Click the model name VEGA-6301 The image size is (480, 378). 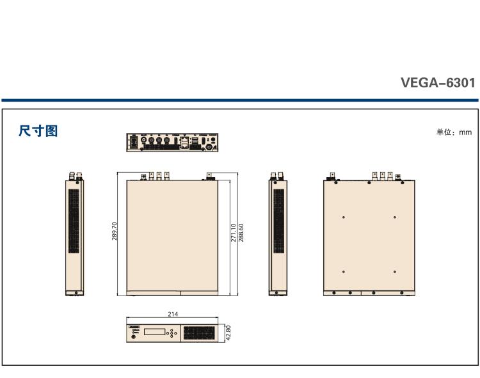438,83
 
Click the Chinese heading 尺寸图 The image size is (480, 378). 38,131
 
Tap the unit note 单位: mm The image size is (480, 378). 454,132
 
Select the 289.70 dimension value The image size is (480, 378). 115,232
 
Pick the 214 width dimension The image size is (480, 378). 172,314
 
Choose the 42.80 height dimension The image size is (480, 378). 228,333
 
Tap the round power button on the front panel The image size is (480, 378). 133,337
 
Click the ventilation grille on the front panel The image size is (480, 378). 199,333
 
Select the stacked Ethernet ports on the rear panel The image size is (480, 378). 185,142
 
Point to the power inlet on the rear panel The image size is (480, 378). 133,141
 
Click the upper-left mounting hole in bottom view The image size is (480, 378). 344,217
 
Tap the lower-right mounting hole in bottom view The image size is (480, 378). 394,272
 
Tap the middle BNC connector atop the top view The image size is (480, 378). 157,174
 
